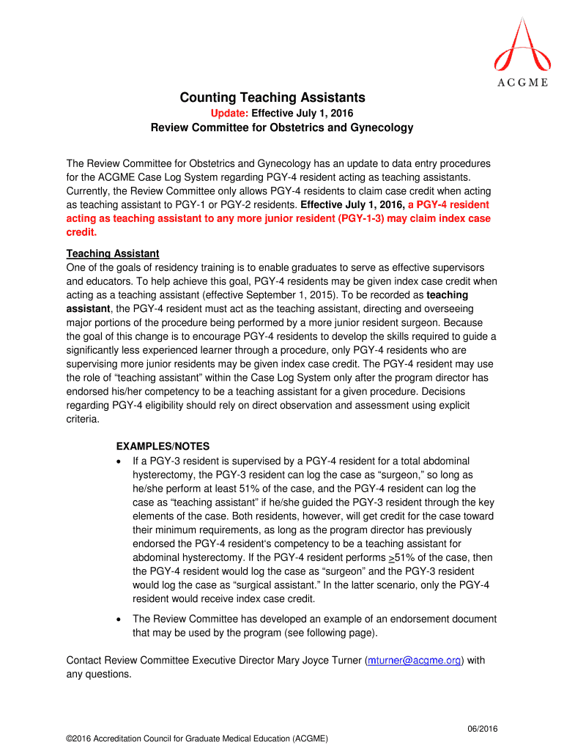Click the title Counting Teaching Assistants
(272, 97)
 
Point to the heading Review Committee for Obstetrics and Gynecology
(282, 128)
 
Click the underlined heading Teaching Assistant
(113, 253)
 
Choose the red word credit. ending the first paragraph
(81, 232)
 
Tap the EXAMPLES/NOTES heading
(163, 446)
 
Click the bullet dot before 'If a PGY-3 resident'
(119, 461)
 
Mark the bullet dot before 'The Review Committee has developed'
(119, 620)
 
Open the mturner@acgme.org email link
(415, 661)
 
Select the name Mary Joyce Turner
(319, 661)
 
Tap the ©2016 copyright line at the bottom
(197, 738)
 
